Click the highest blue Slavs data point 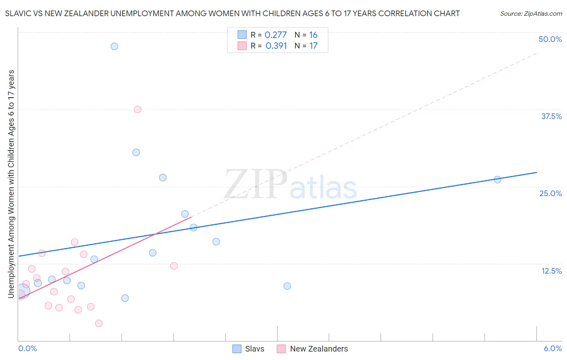pyautogui.click(x=115, y=46)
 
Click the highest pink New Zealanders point pyautogui.click(x=138, y=109)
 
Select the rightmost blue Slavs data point pyautogui.click(x=497, y=180)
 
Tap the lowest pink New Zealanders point pyautogui.click(x=99, y=323)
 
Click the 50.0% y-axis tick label pyautogui.click(x=550, y=39)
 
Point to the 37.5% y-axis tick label pyautogui.click(x=551, y=116)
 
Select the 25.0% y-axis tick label pyautogui.click(x=550, y=193)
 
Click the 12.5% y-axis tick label pyautogui.click(x=551, y=271)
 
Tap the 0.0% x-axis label pyautogui.click(x=28, y=348)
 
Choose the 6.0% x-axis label pyautogui.click(x=552, y=348)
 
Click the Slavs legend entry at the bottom pyautogui.click(x=249, y=349)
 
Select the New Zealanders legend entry pyautogui.click(x=313, y=349)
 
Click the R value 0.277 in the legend pyautogui.click(x=276, y=35)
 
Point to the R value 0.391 pyautogui.click(x=276, y=46)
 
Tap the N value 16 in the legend pyautogui.click(x=313, y=35)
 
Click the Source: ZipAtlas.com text pyautogui.click(x=531, y=14)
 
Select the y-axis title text pyautogui.click(x=11, y=184)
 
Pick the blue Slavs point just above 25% pyautogui.click(x=163, y=178)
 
